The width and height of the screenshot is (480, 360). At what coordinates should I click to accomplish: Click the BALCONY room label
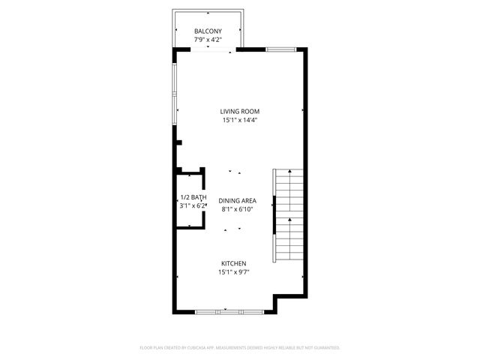pos(208,31)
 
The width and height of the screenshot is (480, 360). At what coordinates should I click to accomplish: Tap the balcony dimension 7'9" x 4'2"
pos(208,39)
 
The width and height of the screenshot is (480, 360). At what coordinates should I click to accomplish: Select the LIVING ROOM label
pos(239,112)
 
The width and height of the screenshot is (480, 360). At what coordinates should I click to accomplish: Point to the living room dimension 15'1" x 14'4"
pos(239,121)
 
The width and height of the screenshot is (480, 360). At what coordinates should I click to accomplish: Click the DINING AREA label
pos(238,201)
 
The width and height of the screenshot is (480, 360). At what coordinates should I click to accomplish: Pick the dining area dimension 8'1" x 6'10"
pos(238,210)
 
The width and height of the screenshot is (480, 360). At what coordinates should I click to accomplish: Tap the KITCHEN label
pos(233,263)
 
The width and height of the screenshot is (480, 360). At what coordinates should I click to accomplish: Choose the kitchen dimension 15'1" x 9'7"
pos(233,272)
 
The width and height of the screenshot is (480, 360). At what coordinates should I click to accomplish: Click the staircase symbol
pos(286,214)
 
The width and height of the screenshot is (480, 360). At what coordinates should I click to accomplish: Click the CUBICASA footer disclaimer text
pos(240,348)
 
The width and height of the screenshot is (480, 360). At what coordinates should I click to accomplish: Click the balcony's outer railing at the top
pos(208,12)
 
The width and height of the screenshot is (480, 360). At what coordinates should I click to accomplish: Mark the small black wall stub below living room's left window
pos(178,142)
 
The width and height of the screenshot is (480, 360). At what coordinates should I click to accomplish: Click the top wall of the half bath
pos(190,175)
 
